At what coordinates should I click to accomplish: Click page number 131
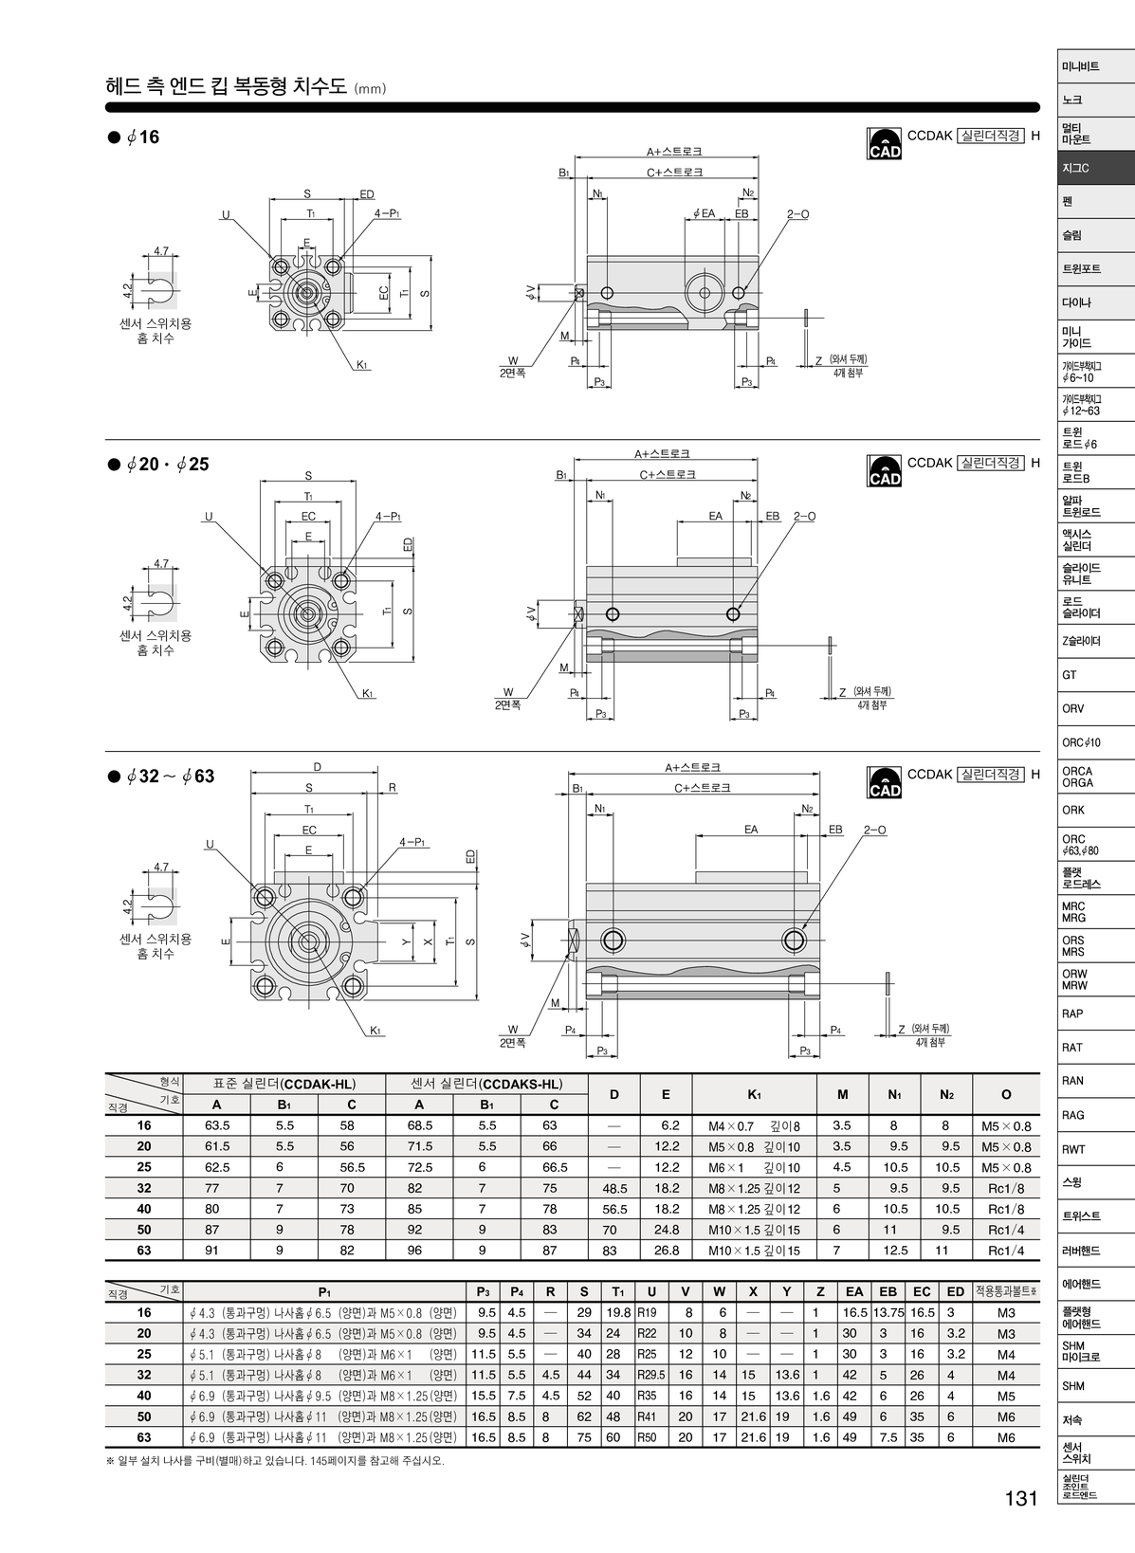1021,1498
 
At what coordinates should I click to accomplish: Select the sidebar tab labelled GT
1095,675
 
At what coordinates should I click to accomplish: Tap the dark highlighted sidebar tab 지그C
1095,168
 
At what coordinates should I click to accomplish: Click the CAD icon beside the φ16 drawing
884,143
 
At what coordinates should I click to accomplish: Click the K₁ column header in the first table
754,1094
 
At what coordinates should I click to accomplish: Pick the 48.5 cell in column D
614,1188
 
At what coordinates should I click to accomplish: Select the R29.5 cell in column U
651,1375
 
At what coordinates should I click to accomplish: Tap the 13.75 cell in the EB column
888,1312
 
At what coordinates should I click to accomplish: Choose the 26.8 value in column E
667,1251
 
